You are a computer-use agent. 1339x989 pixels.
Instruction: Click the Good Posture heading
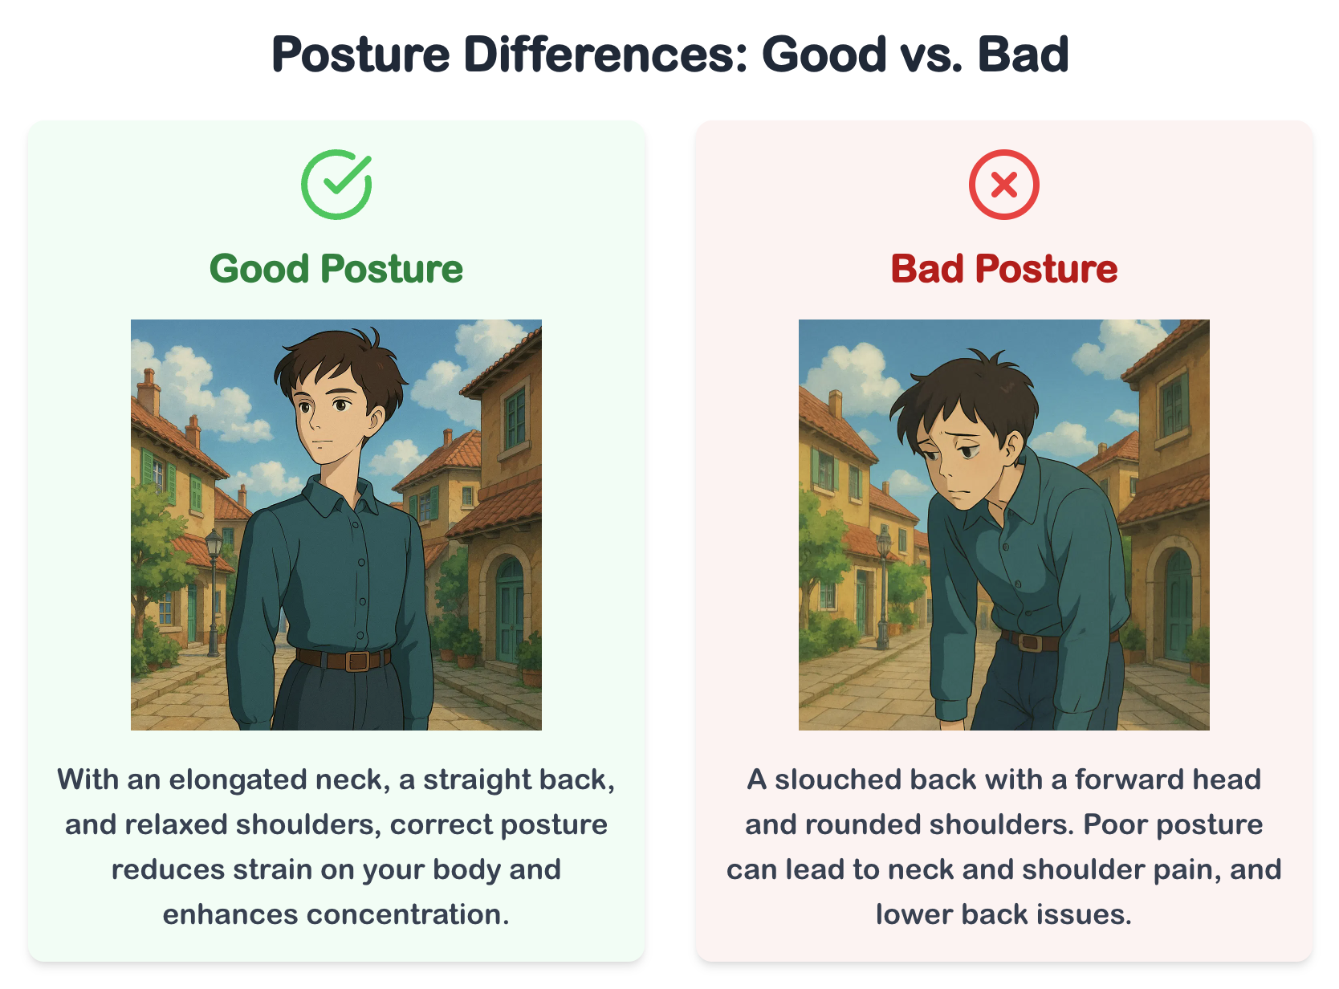(x=336, y=268)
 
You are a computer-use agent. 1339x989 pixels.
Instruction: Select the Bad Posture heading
(x=1004, y=268)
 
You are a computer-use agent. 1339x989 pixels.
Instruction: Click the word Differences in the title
(x=606, y=55)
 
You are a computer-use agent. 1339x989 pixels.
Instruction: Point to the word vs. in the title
(x=931, y=55)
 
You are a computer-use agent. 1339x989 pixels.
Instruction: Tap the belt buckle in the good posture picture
(x=356, y=661)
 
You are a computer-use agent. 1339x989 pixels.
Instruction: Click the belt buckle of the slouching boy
(x=1031, y=642)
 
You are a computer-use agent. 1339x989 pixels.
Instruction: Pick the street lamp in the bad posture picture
(x=883, y=587)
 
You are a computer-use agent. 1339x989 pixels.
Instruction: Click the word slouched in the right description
(x=837, y=779)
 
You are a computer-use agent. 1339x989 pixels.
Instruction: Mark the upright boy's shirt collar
(x=339, y=494)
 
